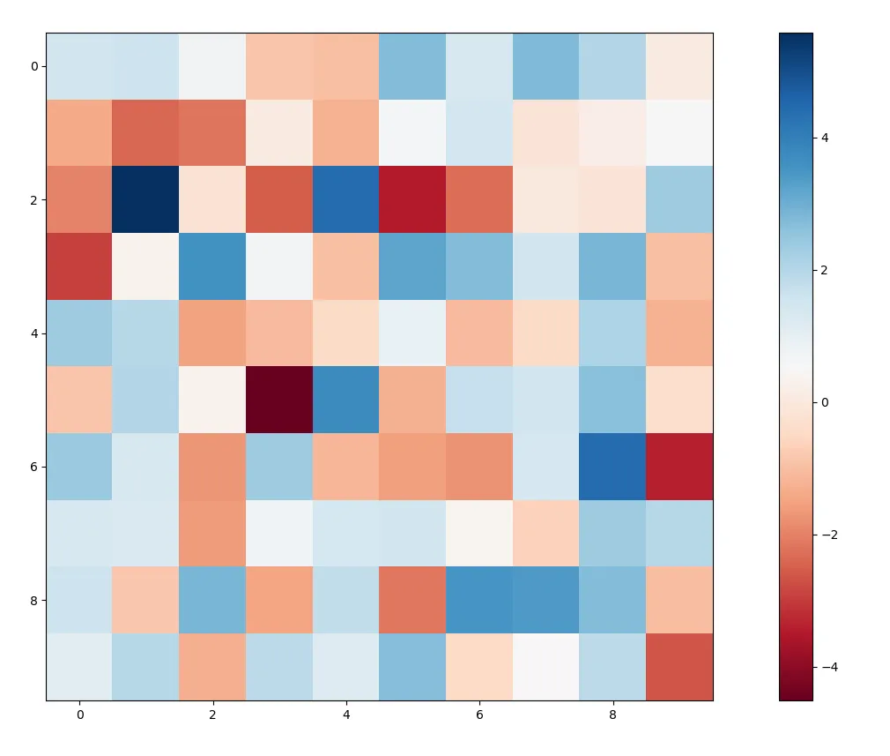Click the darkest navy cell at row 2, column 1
click(146, 199)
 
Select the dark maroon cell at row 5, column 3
click(279, 400)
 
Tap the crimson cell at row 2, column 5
click(412, 199)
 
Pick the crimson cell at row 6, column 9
click(679, 467)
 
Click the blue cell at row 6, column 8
click(612, 467)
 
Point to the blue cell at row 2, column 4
click(346, 199)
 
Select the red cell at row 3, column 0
click(79, 266)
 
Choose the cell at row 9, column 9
click(679, 667)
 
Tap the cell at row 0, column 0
click(79, 66)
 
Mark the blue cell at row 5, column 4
click(346, 400)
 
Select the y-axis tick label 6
click(32, 467)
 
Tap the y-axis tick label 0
click(32, 66)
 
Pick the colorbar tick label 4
click(826, 138)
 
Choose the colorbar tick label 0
click(826, 402)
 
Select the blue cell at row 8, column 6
click(479, 600)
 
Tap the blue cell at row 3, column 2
click(212, 266)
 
